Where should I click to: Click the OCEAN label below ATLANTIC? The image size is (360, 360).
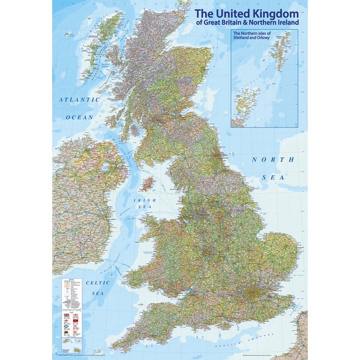coord(80,117)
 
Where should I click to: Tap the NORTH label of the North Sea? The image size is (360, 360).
coord(272,159)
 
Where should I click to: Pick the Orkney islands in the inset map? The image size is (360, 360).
coord(244,102)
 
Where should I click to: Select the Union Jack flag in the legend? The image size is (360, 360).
coord(66,315)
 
